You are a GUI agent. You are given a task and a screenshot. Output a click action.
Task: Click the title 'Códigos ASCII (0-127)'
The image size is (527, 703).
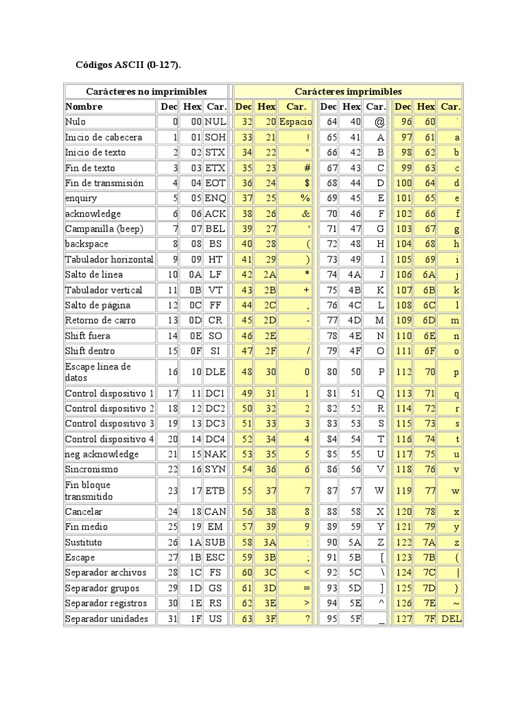[128, 65]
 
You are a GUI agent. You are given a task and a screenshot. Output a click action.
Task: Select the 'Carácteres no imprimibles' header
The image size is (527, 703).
[146, 91]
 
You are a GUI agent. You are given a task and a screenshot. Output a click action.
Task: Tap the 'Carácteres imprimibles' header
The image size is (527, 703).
[348, 91]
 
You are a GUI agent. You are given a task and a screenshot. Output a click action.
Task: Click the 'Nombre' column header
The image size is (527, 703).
[84, 106]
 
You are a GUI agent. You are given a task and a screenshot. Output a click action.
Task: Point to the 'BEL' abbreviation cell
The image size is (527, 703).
[215, 229]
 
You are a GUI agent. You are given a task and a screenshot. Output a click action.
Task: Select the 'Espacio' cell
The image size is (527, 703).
[296, 122]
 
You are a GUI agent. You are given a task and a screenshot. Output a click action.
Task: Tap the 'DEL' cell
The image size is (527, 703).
[451, 619]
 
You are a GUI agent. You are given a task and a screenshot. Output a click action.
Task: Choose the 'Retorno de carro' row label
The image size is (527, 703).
[100, 320]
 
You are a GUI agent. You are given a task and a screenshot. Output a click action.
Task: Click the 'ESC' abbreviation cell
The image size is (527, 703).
[215, 558]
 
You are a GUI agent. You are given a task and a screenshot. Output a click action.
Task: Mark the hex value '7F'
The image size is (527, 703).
[428, 619]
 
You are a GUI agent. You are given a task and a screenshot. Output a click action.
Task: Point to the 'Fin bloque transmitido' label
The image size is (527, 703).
[89, 490]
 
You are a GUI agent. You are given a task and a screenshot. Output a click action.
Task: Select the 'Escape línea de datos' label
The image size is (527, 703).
[97, 371]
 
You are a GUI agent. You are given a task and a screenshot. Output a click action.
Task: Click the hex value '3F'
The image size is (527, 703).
[266, 619]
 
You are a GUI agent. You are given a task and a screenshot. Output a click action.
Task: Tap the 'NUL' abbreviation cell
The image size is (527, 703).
[215, 122]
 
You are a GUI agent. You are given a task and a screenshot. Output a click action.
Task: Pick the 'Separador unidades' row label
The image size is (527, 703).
[106, 619]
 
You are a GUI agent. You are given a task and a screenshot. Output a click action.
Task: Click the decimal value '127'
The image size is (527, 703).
[403, 619]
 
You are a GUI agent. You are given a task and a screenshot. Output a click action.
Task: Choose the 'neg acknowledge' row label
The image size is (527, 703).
[102, 454]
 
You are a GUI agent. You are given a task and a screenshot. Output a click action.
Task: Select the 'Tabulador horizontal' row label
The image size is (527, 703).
[108, 260]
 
